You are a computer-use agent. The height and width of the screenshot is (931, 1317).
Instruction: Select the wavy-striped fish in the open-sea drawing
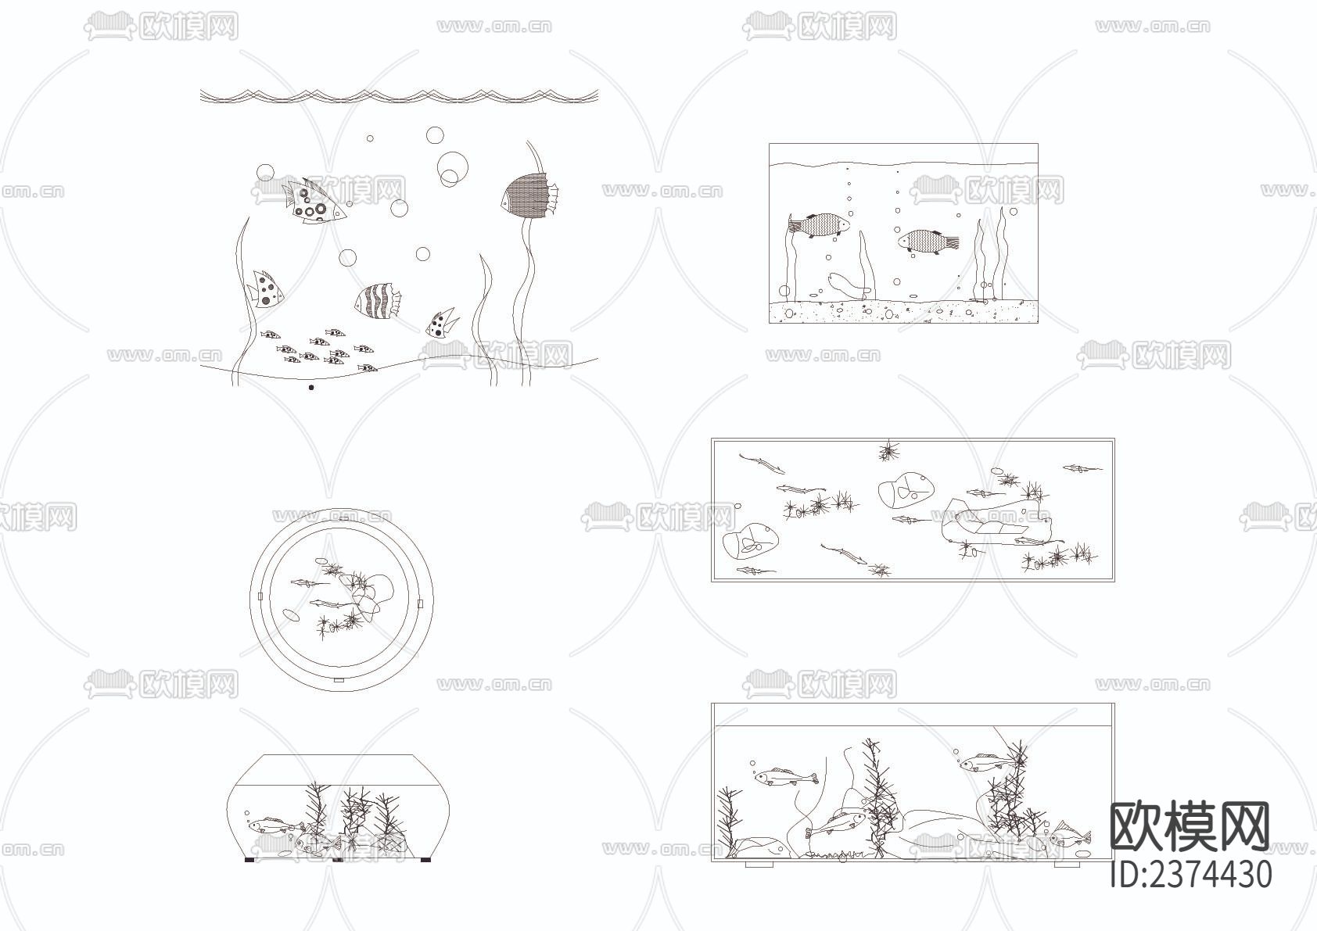pos(378,302)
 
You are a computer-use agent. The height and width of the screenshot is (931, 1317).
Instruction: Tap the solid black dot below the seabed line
pos(311,387)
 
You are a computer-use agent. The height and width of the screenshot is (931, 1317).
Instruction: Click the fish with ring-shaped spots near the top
pos(314,201)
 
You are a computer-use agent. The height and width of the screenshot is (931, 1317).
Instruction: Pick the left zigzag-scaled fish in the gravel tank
pos(819,226)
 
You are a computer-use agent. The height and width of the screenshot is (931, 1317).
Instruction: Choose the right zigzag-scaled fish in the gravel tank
pos(928,242)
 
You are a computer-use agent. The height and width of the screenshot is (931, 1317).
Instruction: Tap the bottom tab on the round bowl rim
pos(339,680)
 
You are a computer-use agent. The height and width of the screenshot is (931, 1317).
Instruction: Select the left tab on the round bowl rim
pos(260,596)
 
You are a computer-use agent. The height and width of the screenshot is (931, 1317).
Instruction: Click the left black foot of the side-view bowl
pos(250,860)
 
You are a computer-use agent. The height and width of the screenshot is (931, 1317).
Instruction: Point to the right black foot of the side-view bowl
pos(425,860)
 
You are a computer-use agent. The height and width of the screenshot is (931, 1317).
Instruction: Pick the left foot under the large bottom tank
pos(759,865)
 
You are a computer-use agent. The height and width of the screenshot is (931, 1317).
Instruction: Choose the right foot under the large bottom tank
pos(1067,865)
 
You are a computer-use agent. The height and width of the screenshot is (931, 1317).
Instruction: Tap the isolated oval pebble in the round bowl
pos(291,614)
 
